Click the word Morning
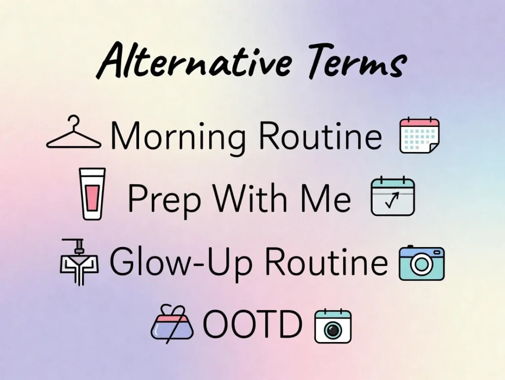pos(178,136)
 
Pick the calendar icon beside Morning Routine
pos(419,135)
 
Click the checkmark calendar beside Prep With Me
pos(393,196)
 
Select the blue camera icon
pos(421,263)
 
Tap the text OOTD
pos(252,325)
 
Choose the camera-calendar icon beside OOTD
pos(333,326)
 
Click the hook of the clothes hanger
pos(74,120)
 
